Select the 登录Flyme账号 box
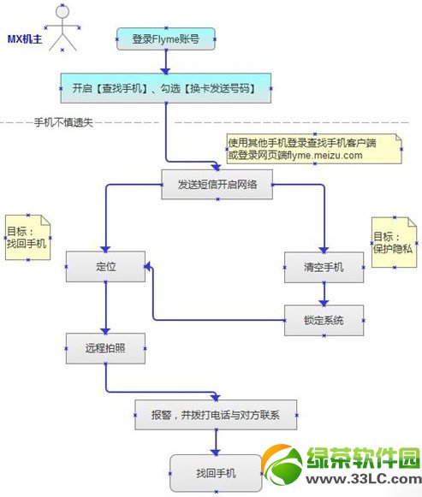(x=165, y=39)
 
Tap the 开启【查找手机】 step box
(x=165, y=86)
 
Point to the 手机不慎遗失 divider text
(x=62, y=122)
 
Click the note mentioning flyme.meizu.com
(x=313, y=149)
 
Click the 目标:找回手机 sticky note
(x=27, y=237)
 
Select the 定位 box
(x=105, y=267)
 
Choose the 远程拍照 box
(x=105, y=348)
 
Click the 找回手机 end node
(x=215, y=472)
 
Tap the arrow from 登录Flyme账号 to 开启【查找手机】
(x=165, y=62)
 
